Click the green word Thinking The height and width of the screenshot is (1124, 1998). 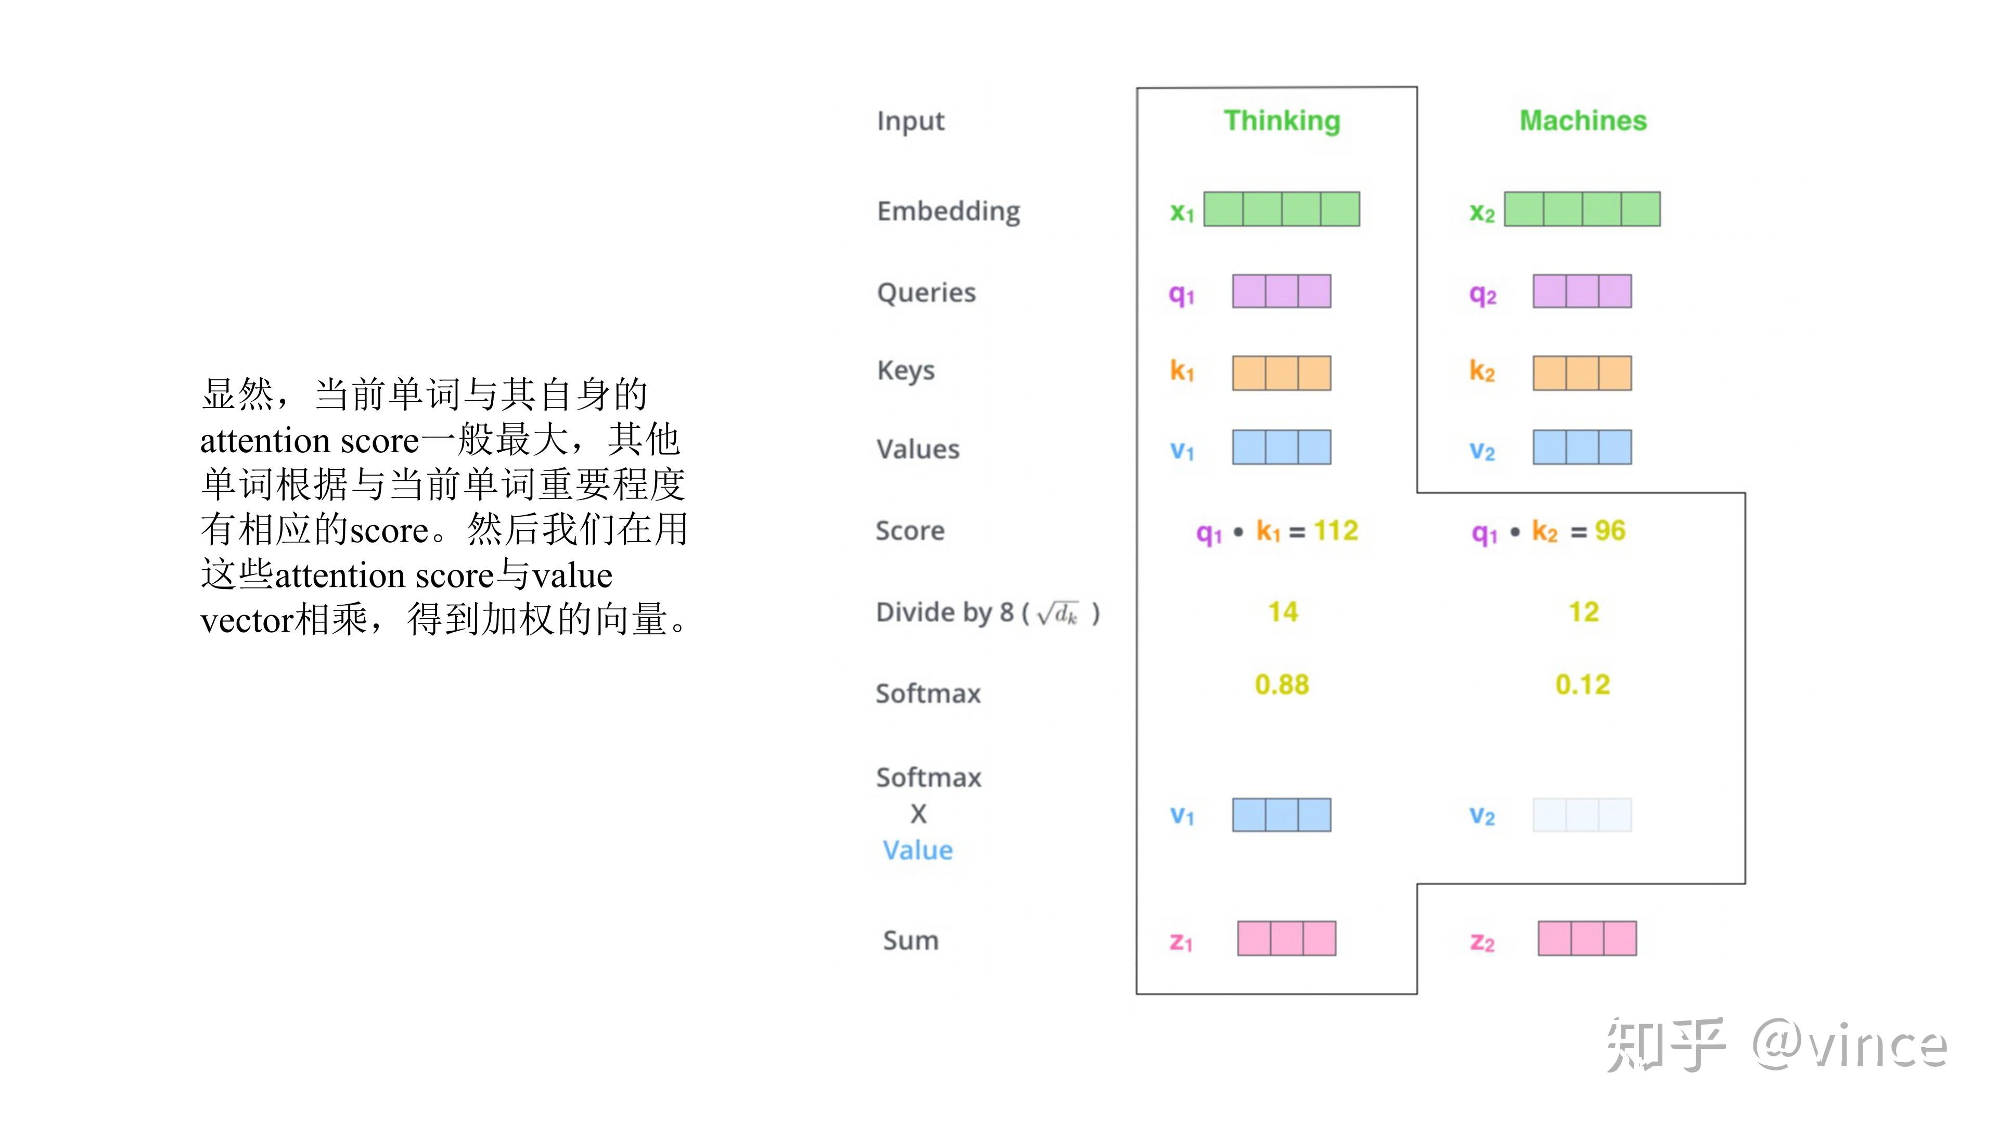(x=1282, y=121)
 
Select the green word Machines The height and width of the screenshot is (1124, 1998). (x=1582, y=121)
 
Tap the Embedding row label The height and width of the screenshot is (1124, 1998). (x=948, y=211)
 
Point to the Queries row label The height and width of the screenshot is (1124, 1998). (x=926, y=292)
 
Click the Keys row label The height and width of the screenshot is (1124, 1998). (x=905, y=371)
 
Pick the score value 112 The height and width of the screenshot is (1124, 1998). (x=1336, y=531)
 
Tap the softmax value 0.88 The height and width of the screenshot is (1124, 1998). (x=1282, y=684)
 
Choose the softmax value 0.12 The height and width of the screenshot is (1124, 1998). (x=1582, y=684)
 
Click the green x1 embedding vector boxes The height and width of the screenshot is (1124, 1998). (x=1282, y=209)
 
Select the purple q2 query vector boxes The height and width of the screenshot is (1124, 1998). (x=1582, y=291)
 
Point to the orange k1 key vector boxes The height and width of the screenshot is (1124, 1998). (x=1282, y=373)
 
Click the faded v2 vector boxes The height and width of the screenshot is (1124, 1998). (x=1582, y=814)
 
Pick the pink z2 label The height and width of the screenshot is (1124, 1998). (x=1481, y=942)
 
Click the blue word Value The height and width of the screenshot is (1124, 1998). (x=917, y=850)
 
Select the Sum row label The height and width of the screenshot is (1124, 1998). (x=911, y=940)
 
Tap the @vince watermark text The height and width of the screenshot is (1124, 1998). (x=1849, y=1045)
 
